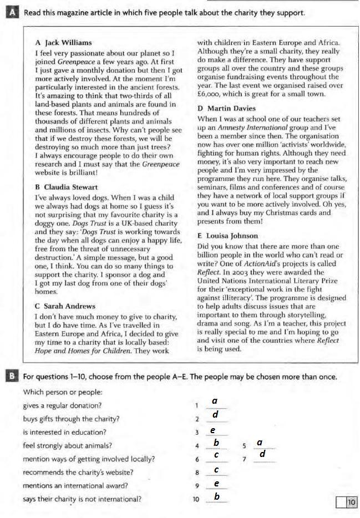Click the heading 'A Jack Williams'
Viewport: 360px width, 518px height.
[63, 42]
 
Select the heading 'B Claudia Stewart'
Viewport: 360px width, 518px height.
[66, 187]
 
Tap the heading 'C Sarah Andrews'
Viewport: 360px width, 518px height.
[64, 306]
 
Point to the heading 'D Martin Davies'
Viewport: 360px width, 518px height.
[226, 108]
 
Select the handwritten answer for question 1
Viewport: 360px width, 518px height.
[215, 401]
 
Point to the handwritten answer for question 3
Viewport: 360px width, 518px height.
[212, 430]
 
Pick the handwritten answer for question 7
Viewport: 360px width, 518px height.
[263, 455]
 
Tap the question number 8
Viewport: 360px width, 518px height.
[196, 473]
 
